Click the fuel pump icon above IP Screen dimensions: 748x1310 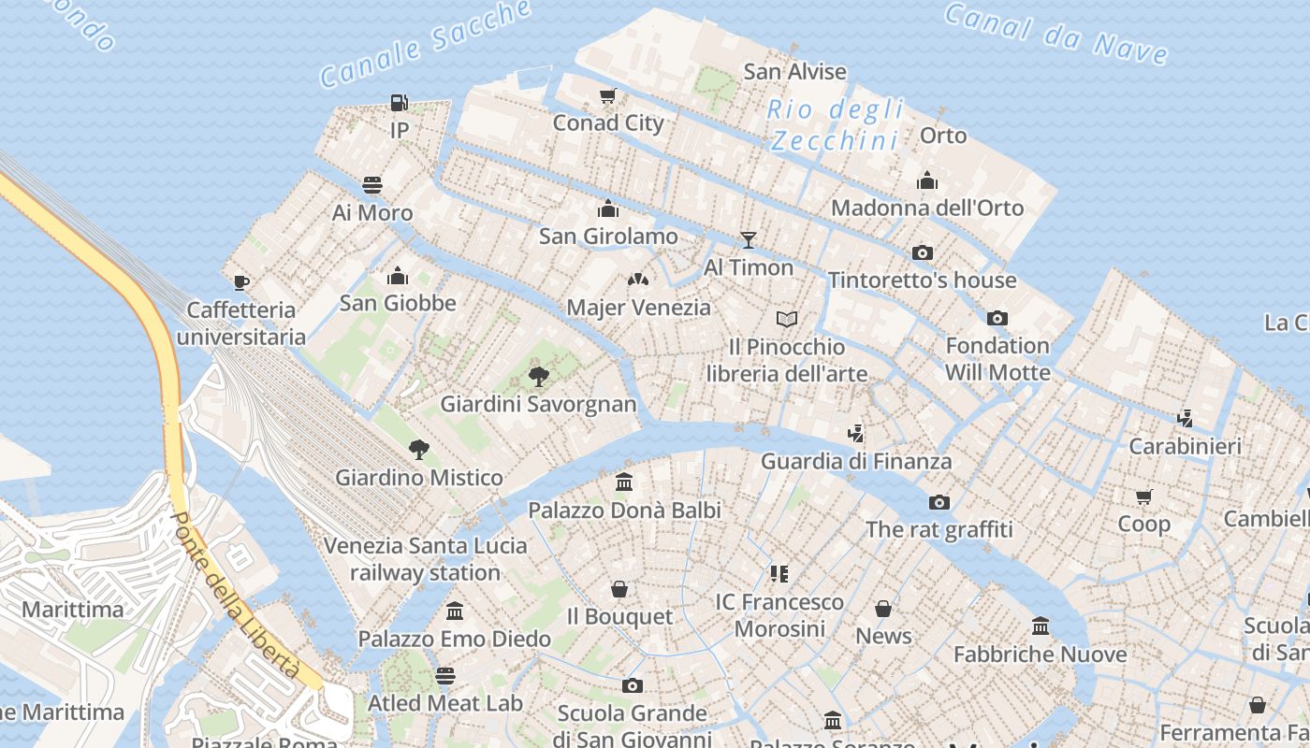pyautogui.click(x=400, y=103)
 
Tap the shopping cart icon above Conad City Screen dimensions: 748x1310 pyautogui.click(x=608, y=95)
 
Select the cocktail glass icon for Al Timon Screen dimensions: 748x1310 pyautogui.click(x=748, y=240)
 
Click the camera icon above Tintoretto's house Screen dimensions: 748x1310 pyautogui.click(x=922, y=252)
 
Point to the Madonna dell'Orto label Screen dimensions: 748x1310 pyautogui.click(x=927, y=208)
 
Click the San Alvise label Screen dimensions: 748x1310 pyautogui.click(x=794, y=71)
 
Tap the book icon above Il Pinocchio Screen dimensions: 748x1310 pyautogui.click(x=787, y=320)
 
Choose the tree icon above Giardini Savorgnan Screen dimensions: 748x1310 pyautogui.click(x=538, y=377)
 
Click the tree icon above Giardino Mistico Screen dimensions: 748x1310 pyautogui.click(x=419, y=450)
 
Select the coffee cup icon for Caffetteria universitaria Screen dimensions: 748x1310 pyautogui.click(x=241, y=282)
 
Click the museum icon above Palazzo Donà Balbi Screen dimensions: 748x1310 pyautogui.click(x=624, y=482)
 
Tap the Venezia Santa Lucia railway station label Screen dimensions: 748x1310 pyautogui.click(x=426, y=558)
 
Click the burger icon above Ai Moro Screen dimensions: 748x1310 pyautogui.click(x=372, y=185)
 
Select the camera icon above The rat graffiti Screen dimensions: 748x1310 pyautogui.click(x=939, y=502)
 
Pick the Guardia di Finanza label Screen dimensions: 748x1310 pyautogui.click(x=856, y=461)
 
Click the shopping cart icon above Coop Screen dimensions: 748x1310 pyautogui.click(x=1143, y=496)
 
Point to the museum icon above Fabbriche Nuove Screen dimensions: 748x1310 pyautogui.click(x=1041, y=626)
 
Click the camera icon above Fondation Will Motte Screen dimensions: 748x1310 pyautogui.click(x=997, y=318)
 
